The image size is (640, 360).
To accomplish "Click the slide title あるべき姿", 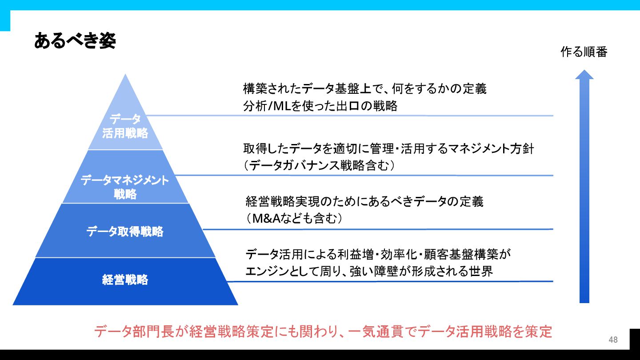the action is click(75, 41).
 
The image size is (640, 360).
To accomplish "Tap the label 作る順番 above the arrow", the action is click(584, 52).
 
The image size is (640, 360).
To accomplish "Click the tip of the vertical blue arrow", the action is click(584, 72).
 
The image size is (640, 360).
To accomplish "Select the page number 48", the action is click(613, 340).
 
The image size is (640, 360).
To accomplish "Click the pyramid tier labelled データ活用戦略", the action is click(125, 126).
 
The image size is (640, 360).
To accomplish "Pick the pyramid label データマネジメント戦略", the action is click(125, 187).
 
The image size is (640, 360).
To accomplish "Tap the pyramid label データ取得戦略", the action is click(125, 232).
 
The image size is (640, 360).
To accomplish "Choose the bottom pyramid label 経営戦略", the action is click(125, 280).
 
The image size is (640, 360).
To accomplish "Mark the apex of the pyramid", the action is click(126, 75).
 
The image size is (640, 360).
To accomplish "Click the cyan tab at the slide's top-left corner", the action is click(5, 18).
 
